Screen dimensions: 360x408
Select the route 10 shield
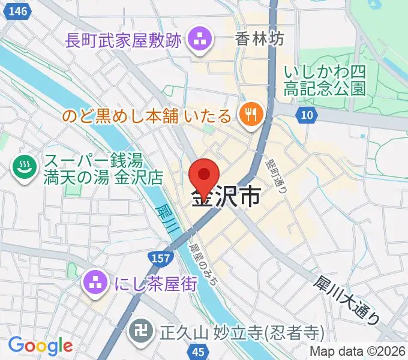point(307,115)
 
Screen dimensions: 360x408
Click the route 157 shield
point(160,257)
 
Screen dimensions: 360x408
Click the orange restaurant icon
point(250,113)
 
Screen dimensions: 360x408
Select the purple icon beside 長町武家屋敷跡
point(197,41)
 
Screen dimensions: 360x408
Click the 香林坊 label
point(260,40)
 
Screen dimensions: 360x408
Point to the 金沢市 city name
point(226,197)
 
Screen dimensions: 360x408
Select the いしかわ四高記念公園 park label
point(325,80)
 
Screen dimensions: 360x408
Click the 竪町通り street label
point(280,174)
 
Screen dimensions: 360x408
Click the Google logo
point(40,346)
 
